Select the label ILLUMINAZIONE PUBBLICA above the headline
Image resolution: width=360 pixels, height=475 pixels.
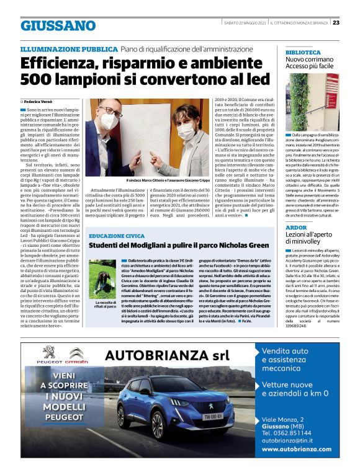tap(68, 48)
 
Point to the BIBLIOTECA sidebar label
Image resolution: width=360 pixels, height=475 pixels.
tap(303, 52)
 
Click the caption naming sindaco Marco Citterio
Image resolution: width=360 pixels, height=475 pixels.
tap(158, 180)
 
